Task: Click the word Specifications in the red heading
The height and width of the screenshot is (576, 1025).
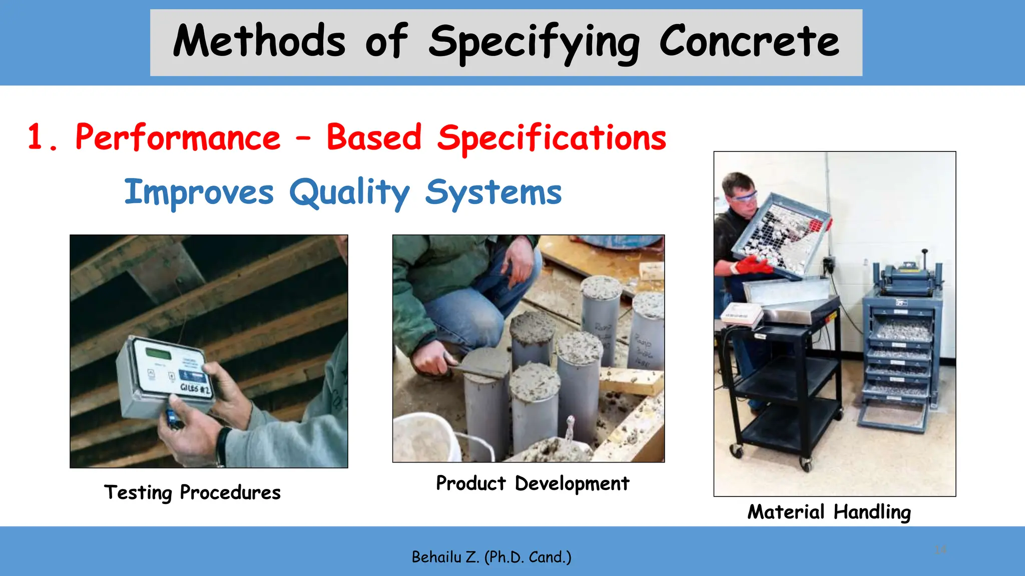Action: [x=552, y=138]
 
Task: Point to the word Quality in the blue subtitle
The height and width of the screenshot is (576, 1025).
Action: [x=349, y=193]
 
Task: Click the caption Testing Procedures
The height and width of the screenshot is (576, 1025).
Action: [x=192, y=492]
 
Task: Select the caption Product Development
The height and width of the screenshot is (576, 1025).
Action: [x=533, y=483]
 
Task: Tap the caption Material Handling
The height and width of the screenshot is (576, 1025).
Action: [x=829, y=512]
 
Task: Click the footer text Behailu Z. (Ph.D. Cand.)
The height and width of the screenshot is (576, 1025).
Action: [x=491, y=557]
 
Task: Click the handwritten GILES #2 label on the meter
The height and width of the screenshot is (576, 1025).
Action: [x=195, y=388]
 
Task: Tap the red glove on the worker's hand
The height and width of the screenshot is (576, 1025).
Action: [x=753, y=264]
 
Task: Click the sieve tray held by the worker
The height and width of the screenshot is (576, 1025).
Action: [x=781, y=235]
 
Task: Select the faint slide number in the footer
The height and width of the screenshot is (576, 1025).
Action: [x=940, y=550]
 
